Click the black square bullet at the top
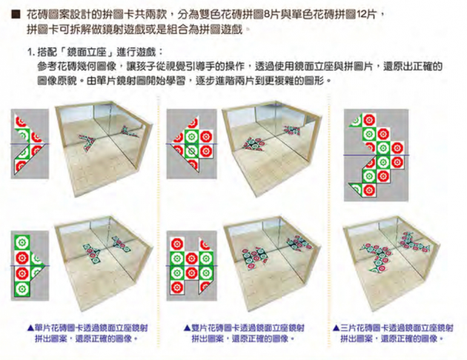click(x=16, y=15)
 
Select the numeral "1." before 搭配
click(x=31, y=53)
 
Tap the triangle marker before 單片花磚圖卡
click(x=30, y=328)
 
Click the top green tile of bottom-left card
click(x=22, y=243)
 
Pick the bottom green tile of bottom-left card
click(x=22, y=289)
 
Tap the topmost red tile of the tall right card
click(x=369, y=120)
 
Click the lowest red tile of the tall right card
click(x=369, y=190)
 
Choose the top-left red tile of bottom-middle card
click(x=177, y=244)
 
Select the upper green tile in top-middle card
click(x=191, y=137)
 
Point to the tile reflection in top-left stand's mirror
click(x=130, y=131)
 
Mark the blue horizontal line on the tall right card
click(x=376, y=155)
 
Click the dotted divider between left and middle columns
click(x=158, y=221)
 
